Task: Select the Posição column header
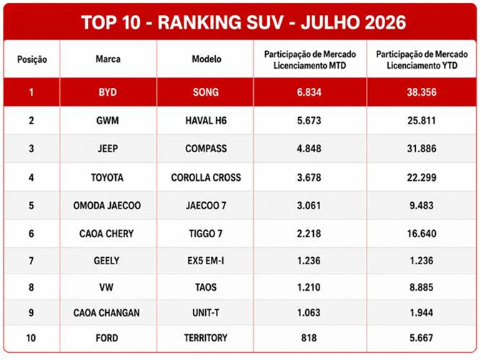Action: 32,59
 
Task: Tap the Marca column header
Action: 108,59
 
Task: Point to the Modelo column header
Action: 207,59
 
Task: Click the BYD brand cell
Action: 108,92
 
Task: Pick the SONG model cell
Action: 206,92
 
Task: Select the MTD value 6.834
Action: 309,92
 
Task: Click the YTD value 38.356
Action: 422,92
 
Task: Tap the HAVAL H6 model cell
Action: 206,121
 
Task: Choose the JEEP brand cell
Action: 108,149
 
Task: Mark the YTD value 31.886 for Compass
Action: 422,149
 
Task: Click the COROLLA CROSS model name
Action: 206,178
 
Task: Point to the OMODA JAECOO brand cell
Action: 107,206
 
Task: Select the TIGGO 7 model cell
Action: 206,234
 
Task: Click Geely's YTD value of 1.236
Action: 422,261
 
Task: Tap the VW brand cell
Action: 106,287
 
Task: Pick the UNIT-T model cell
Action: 206,313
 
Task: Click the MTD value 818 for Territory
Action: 309,338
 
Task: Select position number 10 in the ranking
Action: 31,338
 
